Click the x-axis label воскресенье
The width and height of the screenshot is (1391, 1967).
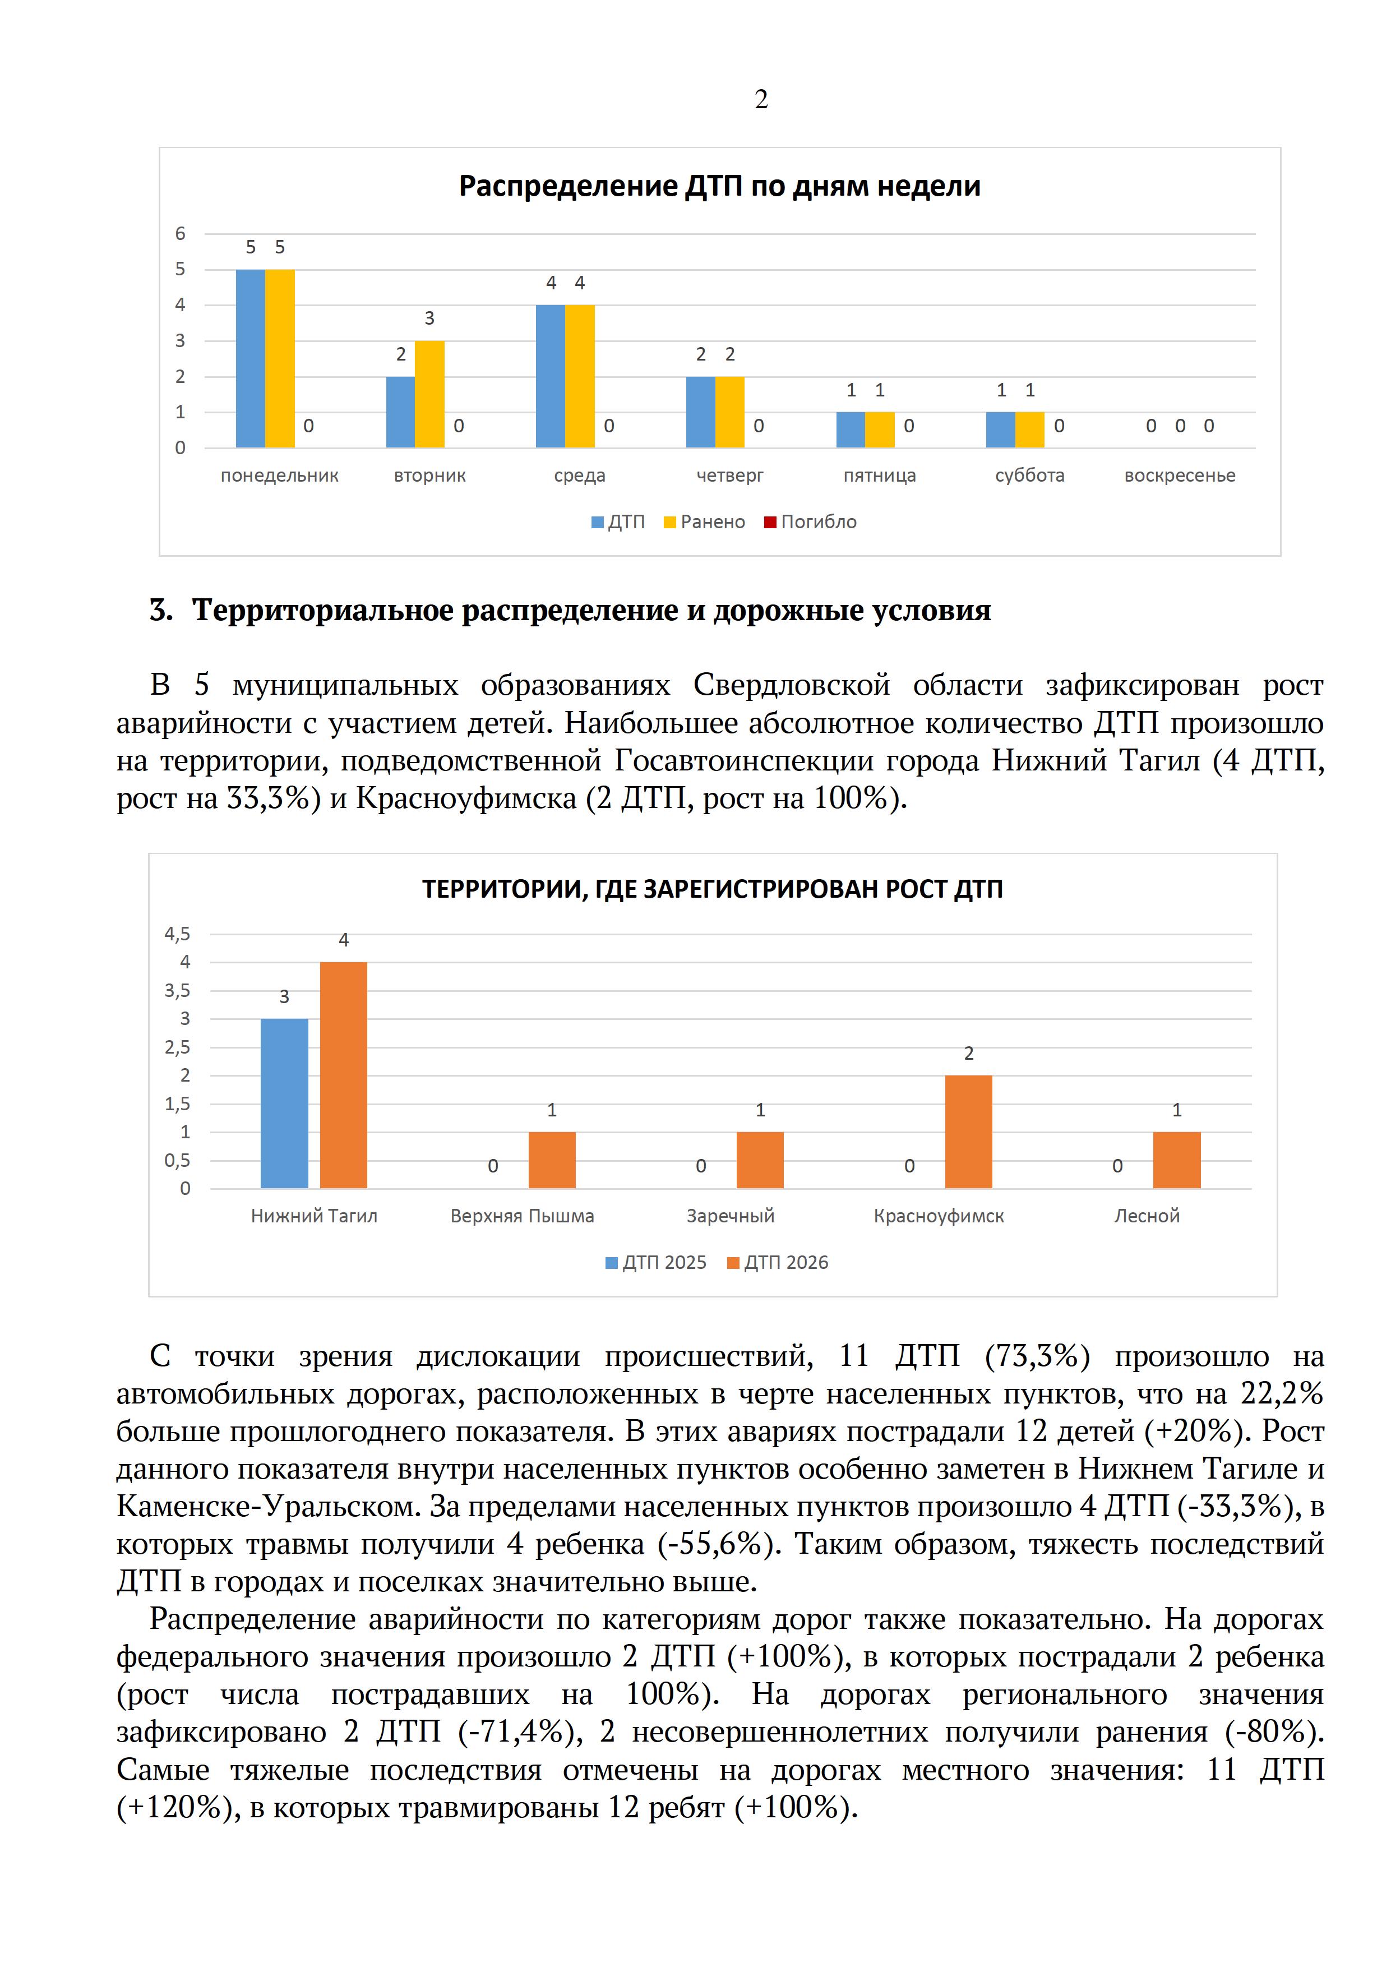pos(1180,475)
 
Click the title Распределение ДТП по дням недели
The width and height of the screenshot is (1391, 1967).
pos(719,186)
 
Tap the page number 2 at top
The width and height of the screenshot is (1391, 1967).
pos(761,100)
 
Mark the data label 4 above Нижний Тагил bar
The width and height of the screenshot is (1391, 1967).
pos(344,940)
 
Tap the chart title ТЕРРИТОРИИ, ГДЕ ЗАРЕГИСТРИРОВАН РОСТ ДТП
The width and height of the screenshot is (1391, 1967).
pos(712,889)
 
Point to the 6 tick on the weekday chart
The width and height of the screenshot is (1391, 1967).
pos(180,233)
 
